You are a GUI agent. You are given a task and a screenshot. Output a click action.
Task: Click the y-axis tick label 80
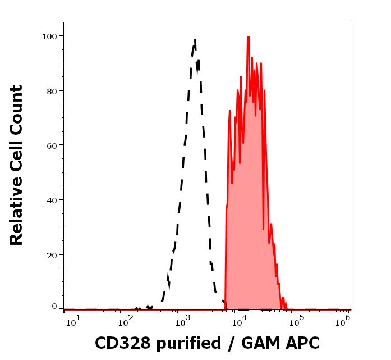tap(51, 90)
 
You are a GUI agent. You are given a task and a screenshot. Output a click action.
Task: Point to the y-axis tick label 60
tap(51, 145)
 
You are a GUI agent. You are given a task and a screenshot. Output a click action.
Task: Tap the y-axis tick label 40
tap(51, 199)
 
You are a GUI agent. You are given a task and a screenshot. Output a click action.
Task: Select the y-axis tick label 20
tap(51, 254)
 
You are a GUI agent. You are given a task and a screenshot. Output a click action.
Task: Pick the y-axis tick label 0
tap(54, 307)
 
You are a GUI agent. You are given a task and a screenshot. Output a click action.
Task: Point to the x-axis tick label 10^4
tap(240, 321)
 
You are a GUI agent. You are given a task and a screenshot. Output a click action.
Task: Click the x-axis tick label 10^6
tap(344, 320)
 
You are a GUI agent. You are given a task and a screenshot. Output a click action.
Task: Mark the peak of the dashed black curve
tap(195, 40)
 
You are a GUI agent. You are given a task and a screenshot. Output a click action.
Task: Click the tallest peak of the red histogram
tap(247, 37)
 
